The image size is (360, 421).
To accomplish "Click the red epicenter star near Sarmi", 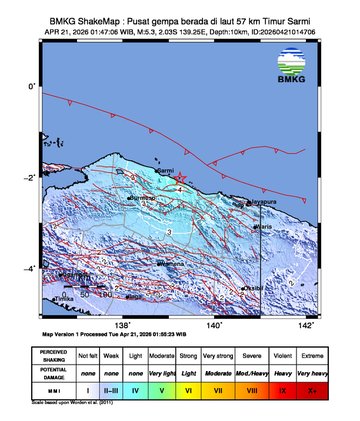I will click(180, 177).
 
